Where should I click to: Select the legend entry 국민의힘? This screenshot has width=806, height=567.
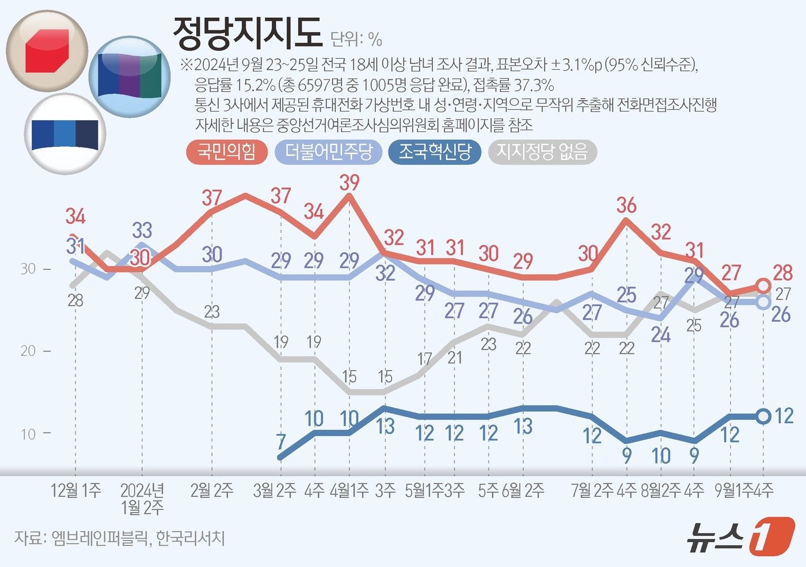[x=226, y=152]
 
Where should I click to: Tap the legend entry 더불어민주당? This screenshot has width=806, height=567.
[x=329, y=152]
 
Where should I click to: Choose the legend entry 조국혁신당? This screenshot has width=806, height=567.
[x=435, y=152]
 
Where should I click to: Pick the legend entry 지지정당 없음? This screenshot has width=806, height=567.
[x=542, y=152]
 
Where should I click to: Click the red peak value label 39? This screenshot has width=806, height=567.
[x=349, y=182]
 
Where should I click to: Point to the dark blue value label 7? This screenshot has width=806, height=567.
[x=280, y=442]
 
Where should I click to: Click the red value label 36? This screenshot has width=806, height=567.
[x=626, y=205]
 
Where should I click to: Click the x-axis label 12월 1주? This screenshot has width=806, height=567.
[x=75, y=490]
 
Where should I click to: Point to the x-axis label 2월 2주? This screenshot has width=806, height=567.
[x=212, y=490]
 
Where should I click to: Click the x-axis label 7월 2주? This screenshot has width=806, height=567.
[x=592, y=490]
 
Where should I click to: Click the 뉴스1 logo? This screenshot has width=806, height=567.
[x=740, y=536]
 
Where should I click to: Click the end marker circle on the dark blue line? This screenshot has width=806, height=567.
[x=763, y=416]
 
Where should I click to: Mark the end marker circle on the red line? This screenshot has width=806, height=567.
[x=763, y=286]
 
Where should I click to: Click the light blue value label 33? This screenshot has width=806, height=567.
[x=142, y=230]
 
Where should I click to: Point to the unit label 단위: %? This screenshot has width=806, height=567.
[x=356, y=39]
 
